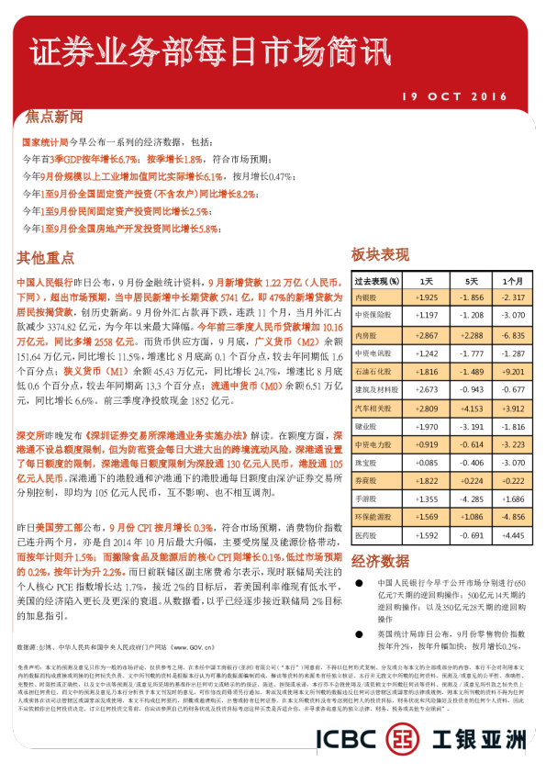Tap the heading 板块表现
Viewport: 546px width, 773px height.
pos(379,254)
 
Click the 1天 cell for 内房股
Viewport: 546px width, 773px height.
pos(427,336)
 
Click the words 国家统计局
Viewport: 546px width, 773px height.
pos(45,143)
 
